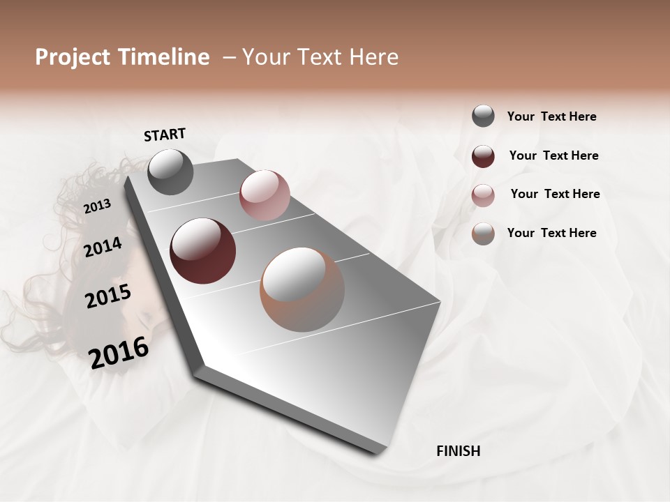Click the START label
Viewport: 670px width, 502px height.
(x=165, y=135)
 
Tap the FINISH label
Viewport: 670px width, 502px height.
(x=458, y=451)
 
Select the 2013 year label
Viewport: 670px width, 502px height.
(x=97, y=206)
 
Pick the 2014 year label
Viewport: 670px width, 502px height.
(x=103, y=247)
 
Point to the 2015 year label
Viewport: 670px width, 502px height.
(x=108, y=296)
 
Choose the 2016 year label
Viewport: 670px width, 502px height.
(x=119, y=352)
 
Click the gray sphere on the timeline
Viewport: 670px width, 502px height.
(x=171, y=172)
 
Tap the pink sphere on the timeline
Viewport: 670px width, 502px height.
(x=265, y=195)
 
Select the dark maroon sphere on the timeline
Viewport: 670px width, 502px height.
(x=202, y=251)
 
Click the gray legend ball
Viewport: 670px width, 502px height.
(x=483, y=116)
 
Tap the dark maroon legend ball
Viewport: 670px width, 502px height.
(x=483, y=156)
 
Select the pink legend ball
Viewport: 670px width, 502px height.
(x=483, y=195)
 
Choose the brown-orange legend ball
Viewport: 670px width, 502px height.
(x=483, y=234)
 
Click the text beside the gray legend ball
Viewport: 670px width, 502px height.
(x=551, y=116)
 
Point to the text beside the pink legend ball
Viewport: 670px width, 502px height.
(x=555, y=194)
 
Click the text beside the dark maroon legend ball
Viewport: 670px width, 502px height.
(x=553, y=155)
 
